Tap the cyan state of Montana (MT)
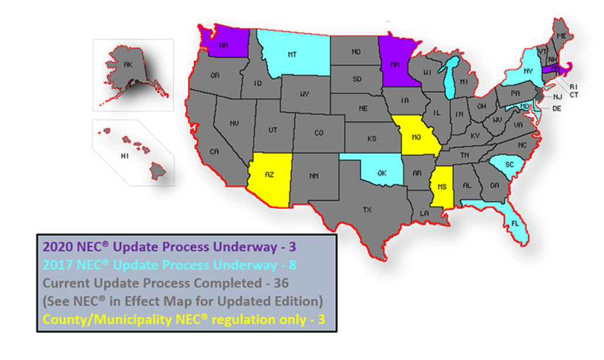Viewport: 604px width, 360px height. pyautogui.click(x=291, y=54)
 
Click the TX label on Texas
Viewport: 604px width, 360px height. pyautogui.click(x=367, y=209)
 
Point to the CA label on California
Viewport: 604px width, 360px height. pyautogui.click(x=214, y=151)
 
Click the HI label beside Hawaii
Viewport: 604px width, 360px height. pyautogui.click(x=125, y=156)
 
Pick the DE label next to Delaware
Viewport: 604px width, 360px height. pyautogui.click(x=557, y=108)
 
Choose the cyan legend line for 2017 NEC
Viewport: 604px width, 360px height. pyautogui.click(x=169, y=265)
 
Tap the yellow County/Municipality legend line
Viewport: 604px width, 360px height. pyautogui.click(x=183, y=320)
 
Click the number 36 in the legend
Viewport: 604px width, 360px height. pyautogui.click(x=282, y=283)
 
